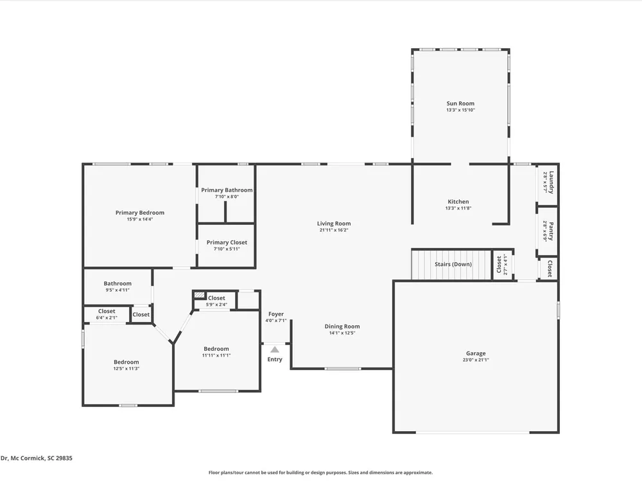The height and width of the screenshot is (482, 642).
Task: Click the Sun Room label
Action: tap(460, 103)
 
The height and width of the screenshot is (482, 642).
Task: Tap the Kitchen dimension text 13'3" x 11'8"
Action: tap(458, 208)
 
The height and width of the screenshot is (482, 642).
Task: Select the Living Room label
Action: tap(334, 224)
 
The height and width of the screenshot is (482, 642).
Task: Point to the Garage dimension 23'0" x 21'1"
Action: tap(476, 360)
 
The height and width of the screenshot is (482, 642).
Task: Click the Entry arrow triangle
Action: tap(275, 350)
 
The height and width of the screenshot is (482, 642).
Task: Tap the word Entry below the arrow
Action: tap(275, 359)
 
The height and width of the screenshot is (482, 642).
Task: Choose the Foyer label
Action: tap(276, 314)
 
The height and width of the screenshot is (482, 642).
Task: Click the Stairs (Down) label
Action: tap(453, 264)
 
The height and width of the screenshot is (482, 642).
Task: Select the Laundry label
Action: tap(551, 183)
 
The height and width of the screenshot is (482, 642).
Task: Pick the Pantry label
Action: tap(551, 231)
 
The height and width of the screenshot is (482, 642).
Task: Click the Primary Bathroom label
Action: tap(227, 190)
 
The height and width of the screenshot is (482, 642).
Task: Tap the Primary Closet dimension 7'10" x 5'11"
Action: tap(227, 249)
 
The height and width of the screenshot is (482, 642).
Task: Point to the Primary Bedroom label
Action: tap(139, 213)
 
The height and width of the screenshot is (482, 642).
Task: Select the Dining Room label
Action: tap(342, 326)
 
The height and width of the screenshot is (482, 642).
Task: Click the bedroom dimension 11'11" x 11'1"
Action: tap(216, 355)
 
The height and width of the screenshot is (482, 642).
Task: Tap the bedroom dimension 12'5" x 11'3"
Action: tap(126, 368)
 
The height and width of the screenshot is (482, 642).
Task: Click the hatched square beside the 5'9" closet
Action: tap(200, 295)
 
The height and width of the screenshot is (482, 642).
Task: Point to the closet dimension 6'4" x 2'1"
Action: tap(107, 317)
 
